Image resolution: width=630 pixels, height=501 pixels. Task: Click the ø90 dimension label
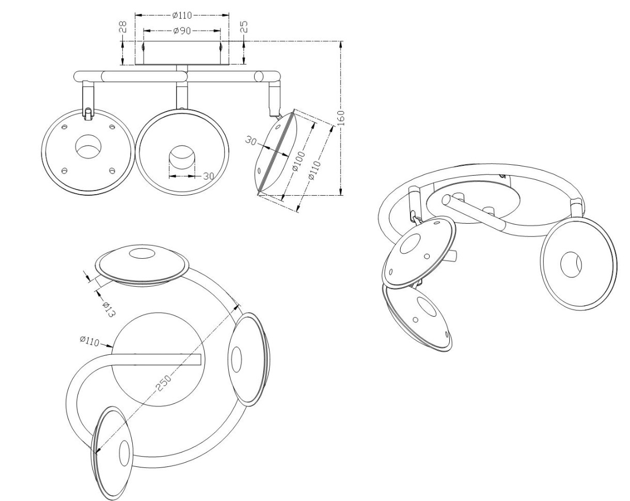click(x=182, y=30)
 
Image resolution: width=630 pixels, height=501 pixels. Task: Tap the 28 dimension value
click(x=123, y=27)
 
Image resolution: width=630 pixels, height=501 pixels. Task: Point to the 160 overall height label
click(x=340, y=118)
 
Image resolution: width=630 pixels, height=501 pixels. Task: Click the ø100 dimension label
click(x=298, y=161)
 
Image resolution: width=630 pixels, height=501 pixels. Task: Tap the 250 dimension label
click(x=163, y=383)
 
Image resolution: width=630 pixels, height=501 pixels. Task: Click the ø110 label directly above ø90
click(x=182, y=15)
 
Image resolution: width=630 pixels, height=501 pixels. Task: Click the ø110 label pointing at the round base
click(x=89, y=341)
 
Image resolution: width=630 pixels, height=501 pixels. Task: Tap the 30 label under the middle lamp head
click(x=209, y=176)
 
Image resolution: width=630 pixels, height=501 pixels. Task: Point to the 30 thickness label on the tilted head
click(x=250, y=141)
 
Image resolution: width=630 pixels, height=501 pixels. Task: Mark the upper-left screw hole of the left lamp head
click(x=64, y=127)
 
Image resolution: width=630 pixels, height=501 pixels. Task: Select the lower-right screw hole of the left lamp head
click(x=112, y=170)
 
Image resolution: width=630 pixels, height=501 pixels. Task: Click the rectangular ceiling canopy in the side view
click(x=182, y=53)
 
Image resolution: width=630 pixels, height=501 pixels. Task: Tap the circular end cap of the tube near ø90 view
click(x=258, y=76)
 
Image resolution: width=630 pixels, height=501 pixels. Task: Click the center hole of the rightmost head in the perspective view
click(x=571, y=264)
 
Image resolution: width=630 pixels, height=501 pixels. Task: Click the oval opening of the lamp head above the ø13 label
click(x=143, y=254)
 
